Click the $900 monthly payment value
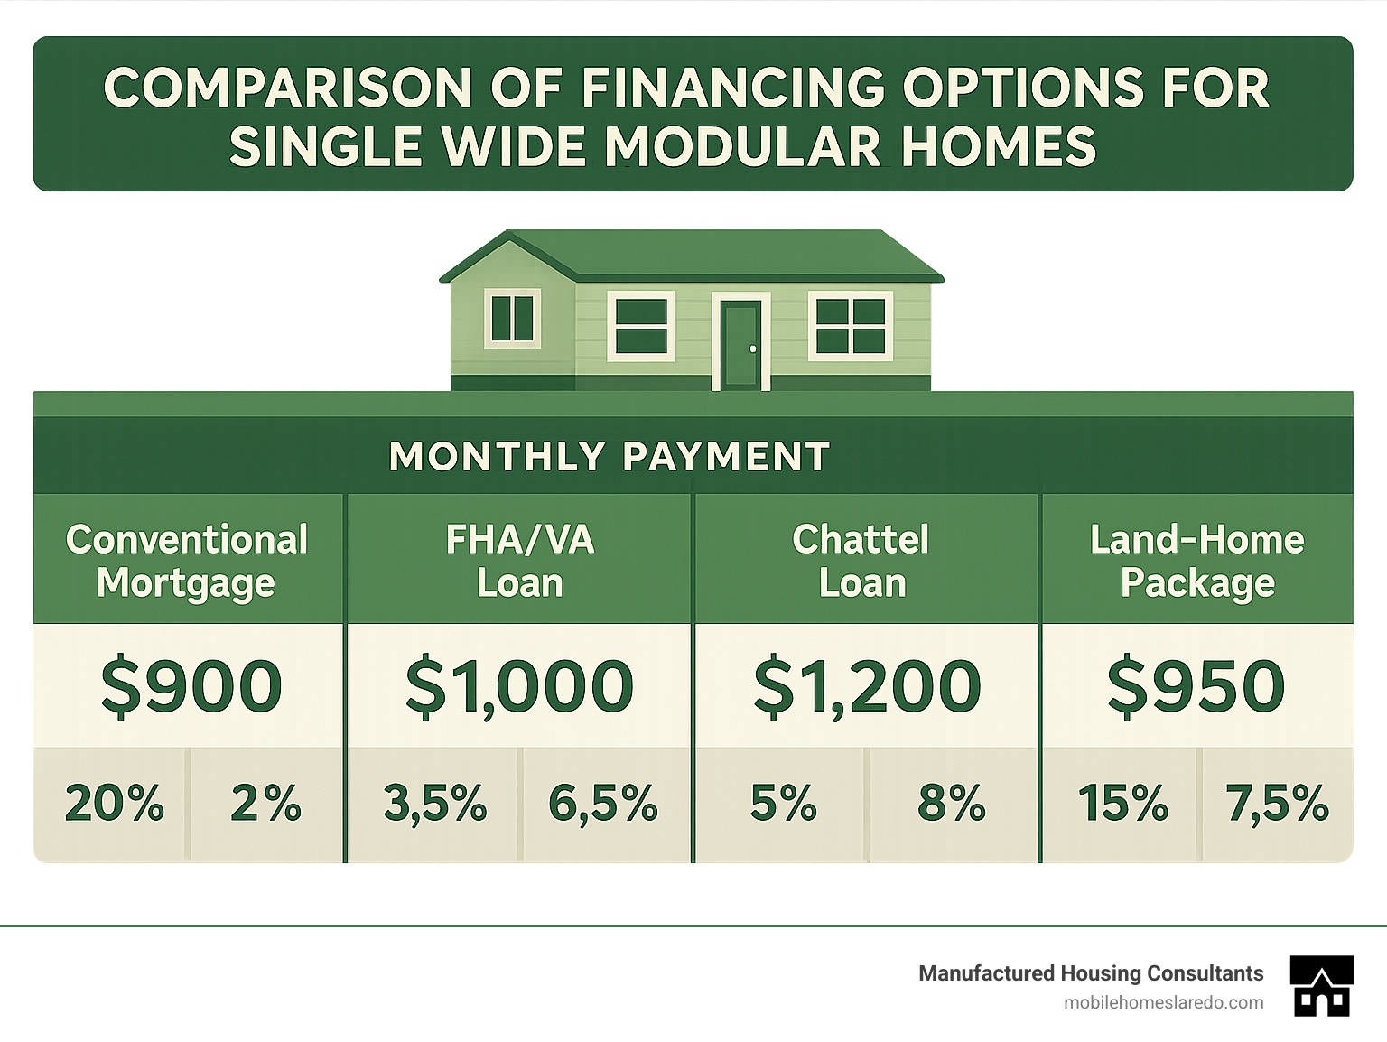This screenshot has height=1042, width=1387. pyautogui.click(x=191, y=686)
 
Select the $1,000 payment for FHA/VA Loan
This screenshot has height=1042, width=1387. pyautogui.click(x=519, y=686)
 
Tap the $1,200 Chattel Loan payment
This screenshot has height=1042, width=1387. pyautogui.click(x=867, y=686)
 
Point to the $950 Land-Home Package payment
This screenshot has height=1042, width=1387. pyautogui.click(x=1196, y=686)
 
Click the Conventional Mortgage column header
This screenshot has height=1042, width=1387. pyautogui.click(x=187, y=561)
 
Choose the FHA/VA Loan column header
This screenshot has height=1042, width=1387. pyautogui.click(x=520, y=561)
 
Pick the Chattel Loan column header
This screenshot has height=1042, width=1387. pyautogui.click(x=861, y=561)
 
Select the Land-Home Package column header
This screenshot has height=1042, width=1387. pyautogui.click(x=1196, y=561)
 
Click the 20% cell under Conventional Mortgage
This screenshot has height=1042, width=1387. pyautogui.click(x=114, y=803)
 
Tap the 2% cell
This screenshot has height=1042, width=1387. pyautogui.click(x=265, y=803)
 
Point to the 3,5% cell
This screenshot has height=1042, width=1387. pyautogui.click(x=434, y=803)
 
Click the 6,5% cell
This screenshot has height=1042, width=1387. pyautogui.click(x=603, y=803)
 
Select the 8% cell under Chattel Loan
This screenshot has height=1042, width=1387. pyautogui.click(x=952, y=803)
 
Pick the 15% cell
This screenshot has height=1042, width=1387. pyautogui.click(x=1122, y=803)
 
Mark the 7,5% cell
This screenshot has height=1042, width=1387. pyautogui.click(x=1277, y=803)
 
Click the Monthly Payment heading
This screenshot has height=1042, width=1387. pyautogui.click(x=610, y=456)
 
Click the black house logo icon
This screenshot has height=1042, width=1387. pyautogui.click(x=1321, y=985)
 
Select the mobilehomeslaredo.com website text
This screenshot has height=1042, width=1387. pyautogui.click(x=1163, y=1002)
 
